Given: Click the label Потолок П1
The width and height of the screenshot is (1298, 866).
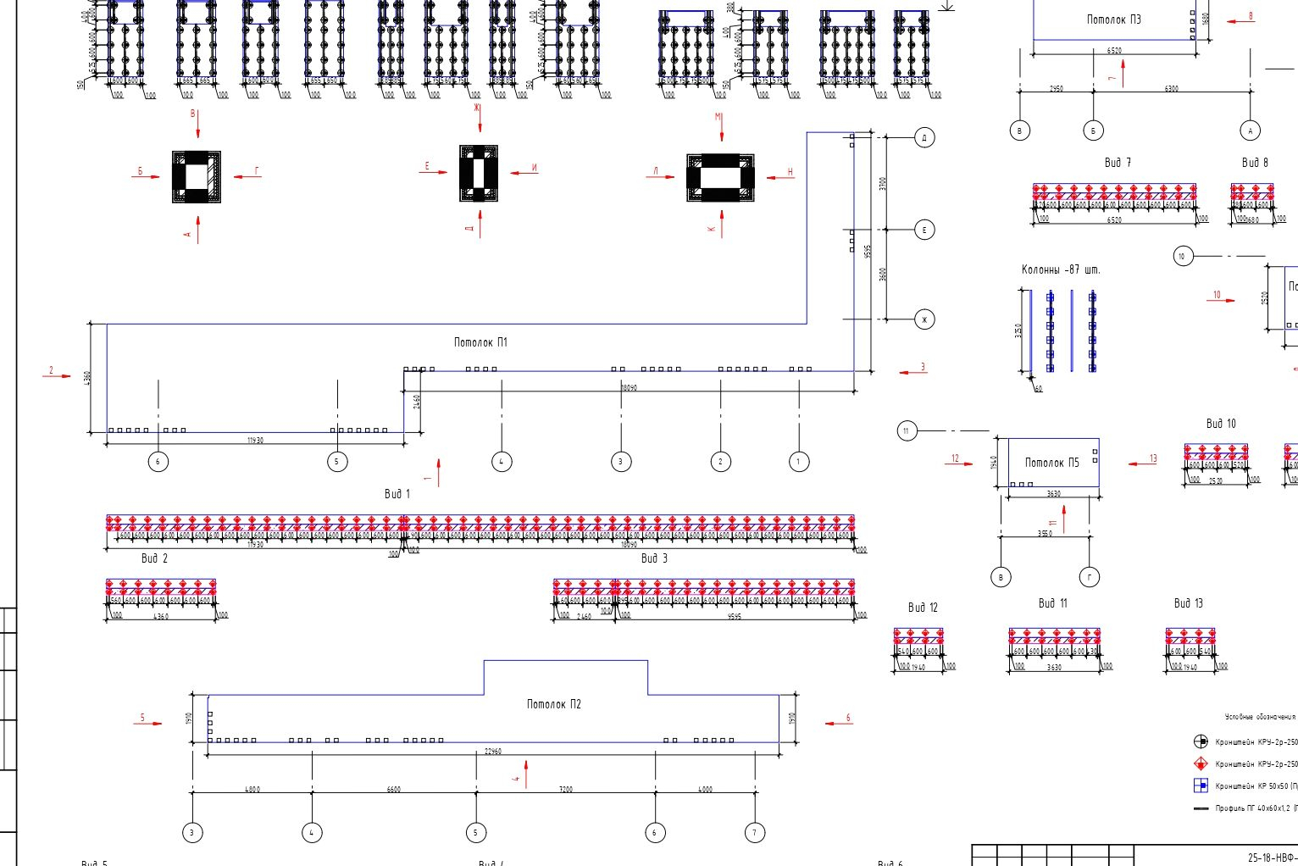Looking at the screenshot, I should [x=480, y=342].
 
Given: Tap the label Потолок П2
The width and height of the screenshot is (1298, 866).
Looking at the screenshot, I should [x=553, y=704].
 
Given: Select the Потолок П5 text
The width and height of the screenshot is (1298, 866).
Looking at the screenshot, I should [x=1051, y=463].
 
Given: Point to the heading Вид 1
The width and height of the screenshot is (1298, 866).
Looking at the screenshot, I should [x=397, y=494].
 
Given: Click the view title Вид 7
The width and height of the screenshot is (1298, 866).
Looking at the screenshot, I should [x=1118, y=163].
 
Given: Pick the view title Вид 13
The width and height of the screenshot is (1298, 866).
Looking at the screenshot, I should [x=1188, y=603].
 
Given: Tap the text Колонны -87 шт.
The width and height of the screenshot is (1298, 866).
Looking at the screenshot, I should [x=1061, y=269].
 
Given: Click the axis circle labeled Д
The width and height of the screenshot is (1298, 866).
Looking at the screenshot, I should [x=924, y=137].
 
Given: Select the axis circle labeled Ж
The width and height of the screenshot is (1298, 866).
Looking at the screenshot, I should [x=924, y=319].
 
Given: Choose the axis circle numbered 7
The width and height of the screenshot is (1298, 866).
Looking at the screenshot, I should [x=754, y=832].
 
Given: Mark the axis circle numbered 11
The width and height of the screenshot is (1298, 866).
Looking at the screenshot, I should [x=907, y=431].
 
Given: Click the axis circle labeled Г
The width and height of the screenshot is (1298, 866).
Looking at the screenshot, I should [x=1089, y=577].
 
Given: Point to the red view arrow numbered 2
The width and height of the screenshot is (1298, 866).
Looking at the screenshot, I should [x=57, y=375].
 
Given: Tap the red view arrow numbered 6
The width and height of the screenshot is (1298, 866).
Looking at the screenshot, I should [x=838, y=723].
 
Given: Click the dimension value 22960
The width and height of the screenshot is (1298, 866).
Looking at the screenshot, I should [x=492, y=751].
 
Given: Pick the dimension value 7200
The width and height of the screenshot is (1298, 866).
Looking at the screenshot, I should [x=565, y=790].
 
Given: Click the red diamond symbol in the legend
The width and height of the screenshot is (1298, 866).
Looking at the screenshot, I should [x=1200, y=763].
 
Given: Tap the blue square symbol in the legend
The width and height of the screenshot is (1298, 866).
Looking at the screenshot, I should [x=1200, y=786].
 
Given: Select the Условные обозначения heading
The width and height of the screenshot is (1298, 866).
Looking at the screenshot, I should [x=1259, y=717].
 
